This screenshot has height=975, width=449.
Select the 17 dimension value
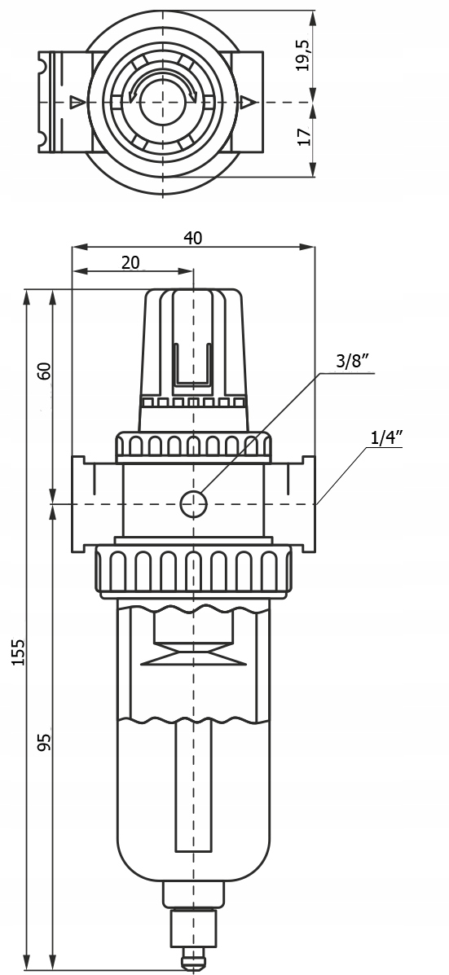point(303,136)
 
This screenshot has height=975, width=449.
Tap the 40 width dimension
point(193,238)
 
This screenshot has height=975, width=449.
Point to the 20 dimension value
point(130,262)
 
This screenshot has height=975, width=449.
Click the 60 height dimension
point(43,371)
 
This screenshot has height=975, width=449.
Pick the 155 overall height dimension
point(19,652)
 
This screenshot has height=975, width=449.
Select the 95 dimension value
point(43,741)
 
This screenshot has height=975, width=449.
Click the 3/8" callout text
point(353,362)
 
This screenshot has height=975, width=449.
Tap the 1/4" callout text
point(386,437)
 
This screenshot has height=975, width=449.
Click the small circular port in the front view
point(193,503)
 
